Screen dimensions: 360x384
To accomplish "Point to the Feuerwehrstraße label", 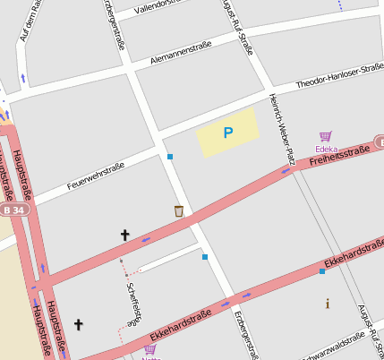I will [x=95, y=178].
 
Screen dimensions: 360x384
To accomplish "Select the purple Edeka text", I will [x=326, y=149].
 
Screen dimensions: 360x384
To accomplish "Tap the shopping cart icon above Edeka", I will [x=326, y=137].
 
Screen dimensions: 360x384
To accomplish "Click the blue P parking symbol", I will [x=227, y=133].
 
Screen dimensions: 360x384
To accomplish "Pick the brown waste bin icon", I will [x=179, y=211].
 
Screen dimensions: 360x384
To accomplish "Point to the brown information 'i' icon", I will [x=327, y=304].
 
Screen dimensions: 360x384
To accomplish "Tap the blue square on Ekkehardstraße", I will [x=322, y=270].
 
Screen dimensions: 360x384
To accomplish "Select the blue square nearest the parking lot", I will [x=170, y=157].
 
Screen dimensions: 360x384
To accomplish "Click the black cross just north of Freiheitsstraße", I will [x=124, y=235].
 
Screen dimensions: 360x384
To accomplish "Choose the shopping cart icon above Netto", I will [x=149, y=350].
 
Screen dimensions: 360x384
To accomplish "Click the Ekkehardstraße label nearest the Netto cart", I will [x=180, y=324].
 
